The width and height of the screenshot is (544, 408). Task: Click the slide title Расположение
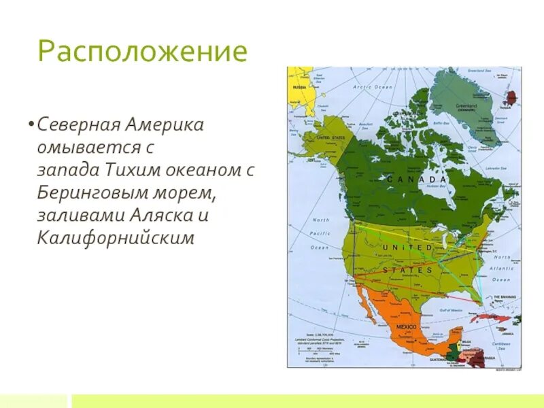(x=142, y=52)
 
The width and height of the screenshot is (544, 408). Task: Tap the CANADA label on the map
(x=417, y=179)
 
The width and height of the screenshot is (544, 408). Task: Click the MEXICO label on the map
(x=407, y=328)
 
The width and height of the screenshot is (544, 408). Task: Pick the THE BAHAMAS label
(x=505, y=298)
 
